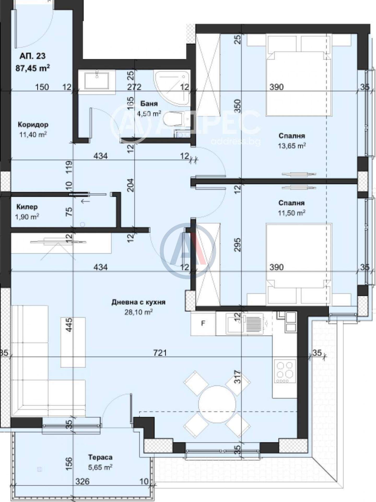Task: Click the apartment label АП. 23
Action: (x=33, y=56)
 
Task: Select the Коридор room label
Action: (x=33, y=125)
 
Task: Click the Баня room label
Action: (x=149, y=104)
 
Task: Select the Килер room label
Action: (x=27, y=207)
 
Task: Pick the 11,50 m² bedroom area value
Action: (x=292, y=213)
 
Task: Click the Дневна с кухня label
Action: (x=138, y=302)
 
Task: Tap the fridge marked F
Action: (x=203, y=324)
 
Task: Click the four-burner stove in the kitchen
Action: (x=285, y=371)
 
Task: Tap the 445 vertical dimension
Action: (x=69, y=325)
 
